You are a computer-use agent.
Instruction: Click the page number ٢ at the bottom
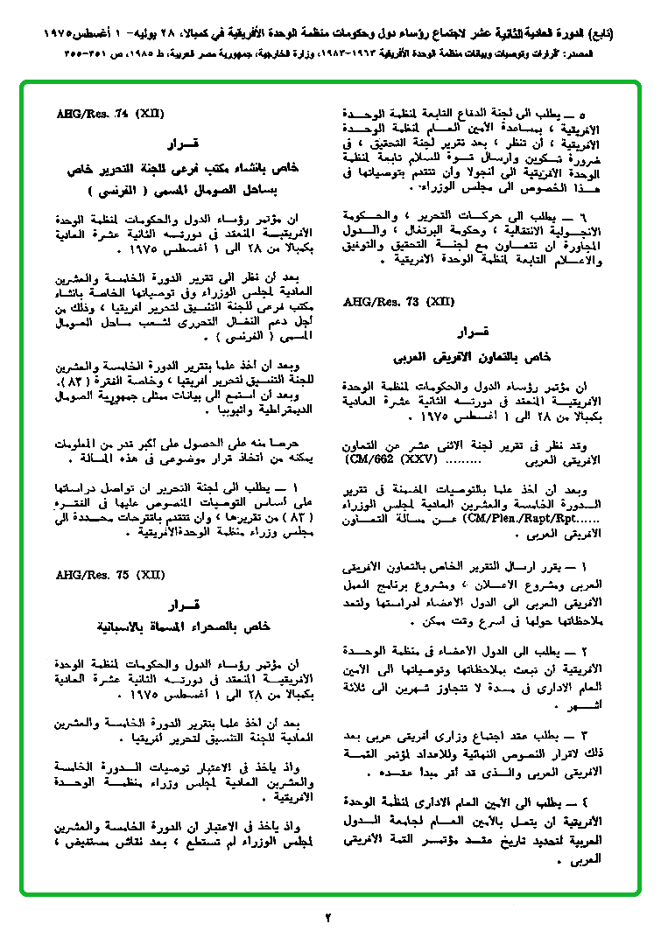tap(329, 918)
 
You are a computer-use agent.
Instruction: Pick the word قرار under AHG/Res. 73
tap(475, 332)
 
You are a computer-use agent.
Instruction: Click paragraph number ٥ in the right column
tap(604, 115)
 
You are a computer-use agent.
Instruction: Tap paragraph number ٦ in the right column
tap(603, 215)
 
